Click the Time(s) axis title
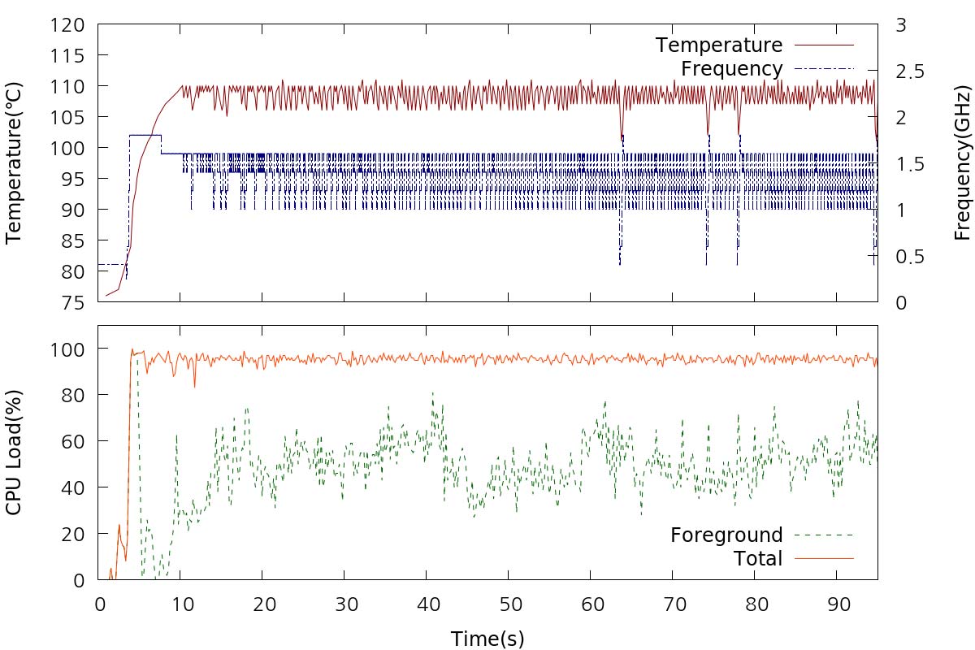[x=487, y=639]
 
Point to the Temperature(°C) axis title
[x=14, y=152]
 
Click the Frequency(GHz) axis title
[x=963, y=152]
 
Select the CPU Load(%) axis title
[x=14, y=453]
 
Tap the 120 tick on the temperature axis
[x=69, y=25]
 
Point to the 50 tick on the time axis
[x=509, y=605]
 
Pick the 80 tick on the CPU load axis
[x=75, y=395]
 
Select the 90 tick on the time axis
[x=837, y=605]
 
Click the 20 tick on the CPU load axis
[x=75, y=534]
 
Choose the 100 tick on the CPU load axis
[x=69, y=349]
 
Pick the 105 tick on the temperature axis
[x=69, y=117]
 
